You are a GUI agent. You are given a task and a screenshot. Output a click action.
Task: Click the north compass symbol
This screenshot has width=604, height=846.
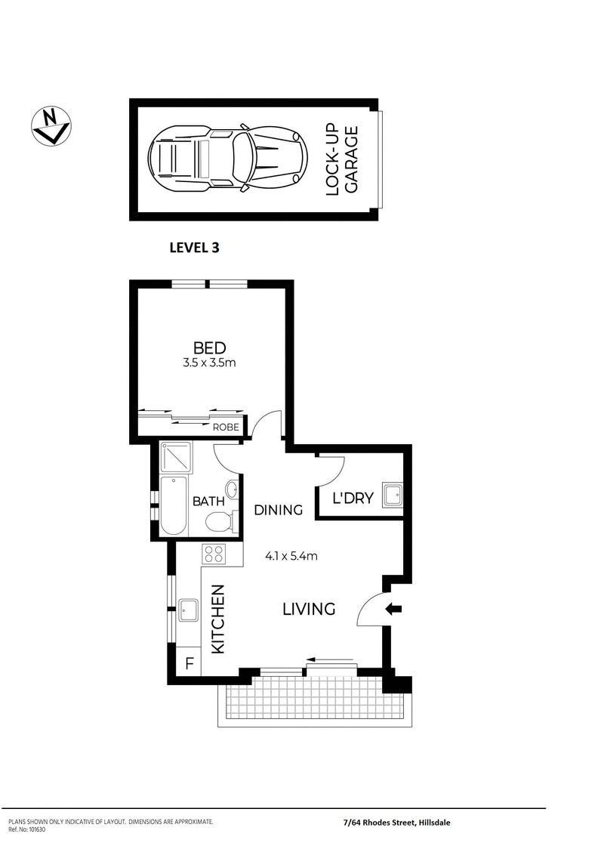(x=51, y=125)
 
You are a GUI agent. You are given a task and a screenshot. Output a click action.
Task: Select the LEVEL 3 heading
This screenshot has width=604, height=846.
(x=194, y=246)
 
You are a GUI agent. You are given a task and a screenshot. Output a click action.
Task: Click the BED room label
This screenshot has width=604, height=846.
(x=209, y=347)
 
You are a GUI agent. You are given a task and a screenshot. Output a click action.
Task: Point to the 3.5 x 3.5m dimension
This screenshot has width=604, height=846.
(x=209, y=363)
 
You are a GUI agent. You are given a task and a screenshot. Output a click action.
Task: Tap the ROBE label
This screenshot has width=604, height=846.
(x=225, y=428)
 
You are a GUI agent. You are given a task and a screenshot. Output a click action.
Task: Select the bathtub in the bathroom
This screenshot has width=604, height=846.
(x=174, y=505)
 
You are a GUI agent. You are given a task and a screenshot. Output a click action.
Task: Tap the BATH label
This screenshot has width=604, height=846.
(x=207, y=501)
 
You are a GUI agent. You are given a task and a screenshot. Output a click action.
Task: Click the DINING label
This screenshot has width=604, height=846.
(x=278, y=510)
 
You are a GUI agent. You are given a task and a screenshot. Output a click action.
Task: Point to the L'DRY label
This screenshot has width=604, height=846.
(x=349, y=499)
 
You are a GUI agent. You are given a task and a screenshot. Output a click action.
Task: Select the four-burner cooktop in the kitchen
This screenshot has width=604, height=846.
(x=214, y=554)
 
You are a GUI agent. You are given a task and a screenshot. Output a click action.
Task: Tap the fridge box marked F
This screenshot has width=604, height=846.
(x=189, y=665)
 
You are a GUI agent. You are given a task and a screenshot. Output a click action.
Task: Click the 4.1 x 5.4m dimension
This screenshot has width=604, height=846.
(x=291, y=557)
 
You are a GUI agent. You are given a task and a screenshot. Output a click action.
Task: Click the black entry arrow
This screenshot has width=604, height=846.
(x=394, y=609)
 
